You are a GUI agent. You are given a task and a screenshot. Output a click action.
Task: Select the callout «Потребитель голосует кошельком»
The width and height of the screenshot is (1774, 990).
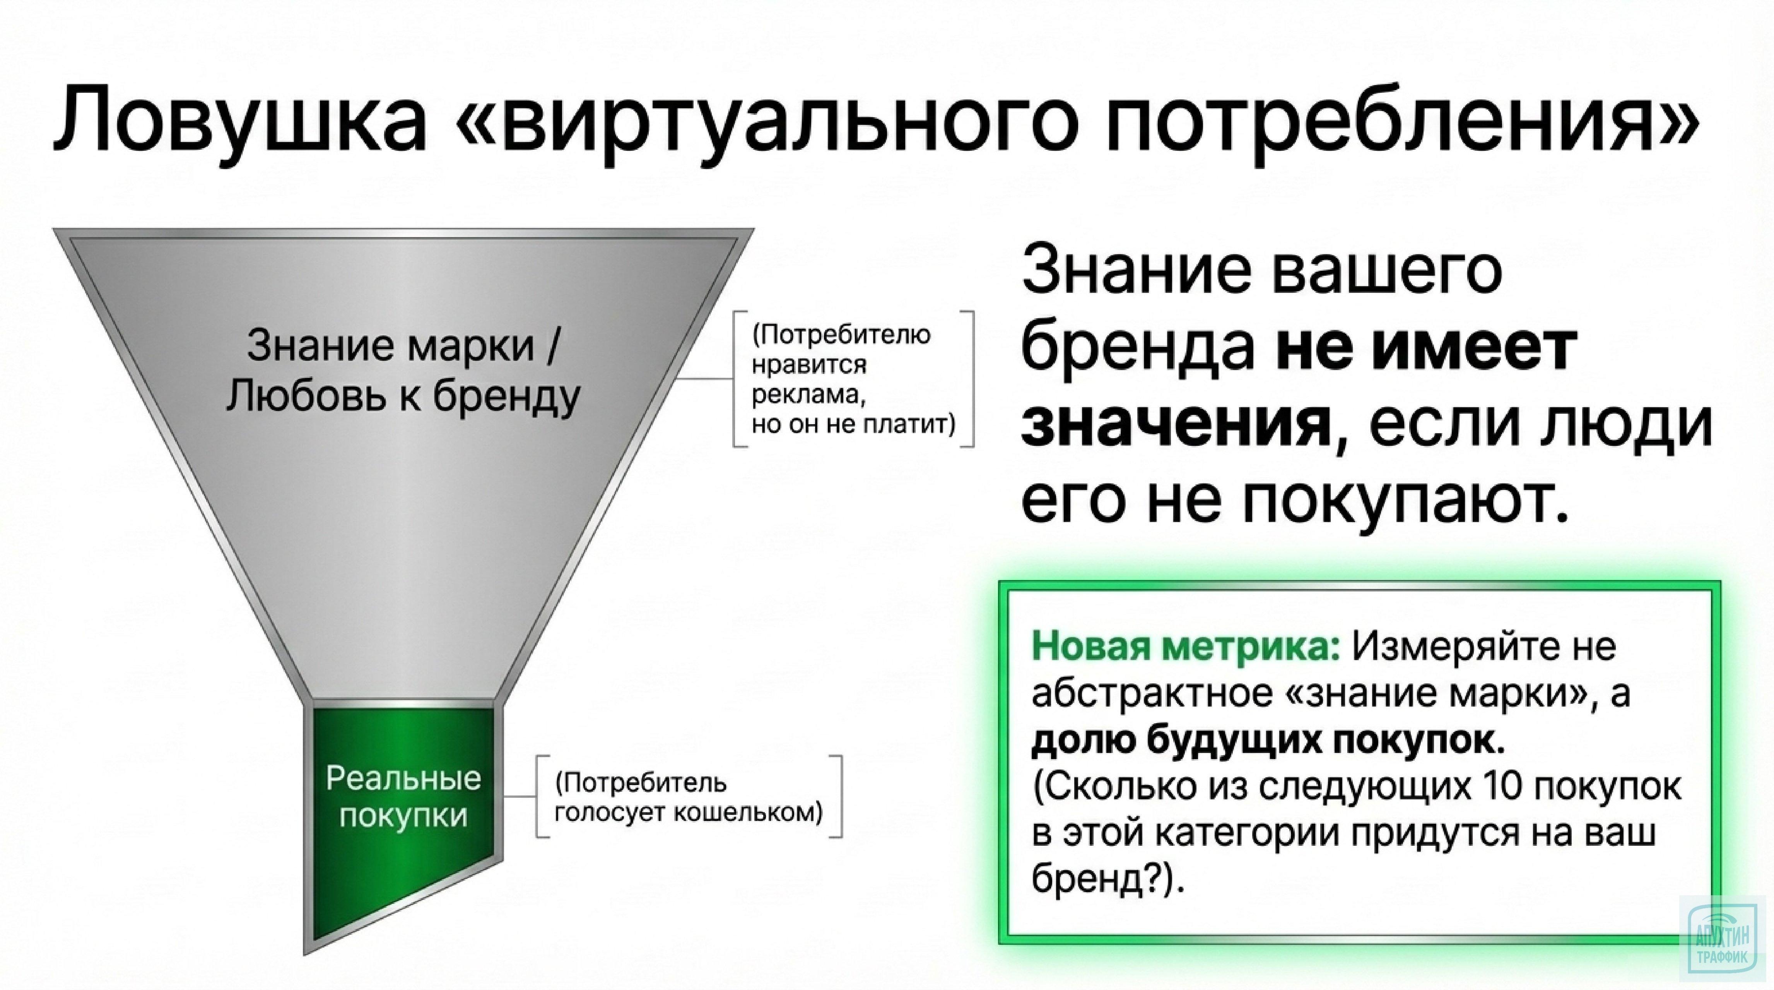tap(689, 798)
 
